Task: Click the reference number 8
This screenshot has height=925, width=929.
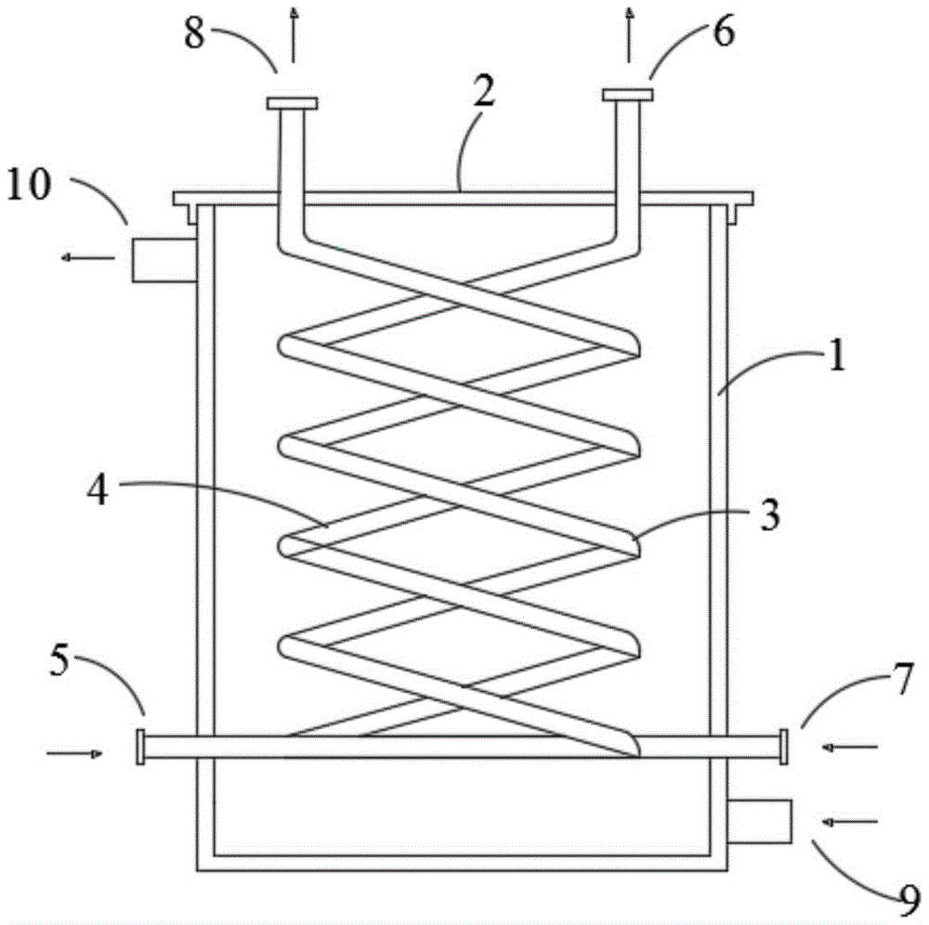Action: (194, 33)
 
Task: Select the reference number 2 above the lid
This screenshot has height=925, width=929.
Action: (484, 91)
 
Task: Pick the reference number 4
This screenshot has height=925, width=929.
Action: (98, 490)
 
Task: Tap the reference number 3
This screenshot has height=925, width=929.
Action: (769, 515)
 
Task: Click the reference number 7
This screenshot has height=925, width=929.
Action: (904, 679)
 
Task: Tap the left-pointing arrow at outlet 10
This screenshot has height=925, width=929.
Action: (88, 257)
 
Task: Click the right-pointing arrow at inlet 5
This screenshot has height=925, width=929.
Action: (74, 753)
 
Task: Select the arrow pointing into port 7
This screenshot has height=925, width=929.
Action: (850, 748)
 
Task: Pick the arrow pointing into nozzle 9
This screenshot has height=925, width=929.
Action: (850, 822)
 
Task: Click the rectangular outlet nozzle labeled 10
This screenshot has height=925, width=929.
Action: (164, 259)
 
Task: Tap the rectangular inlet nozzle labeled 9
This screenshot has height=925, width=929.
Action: (760, 821)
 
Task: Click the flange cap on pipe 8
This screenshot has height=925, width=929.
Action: (292, 104)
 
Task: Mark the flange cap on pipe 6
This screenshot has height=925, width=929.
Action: (628, 95)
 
